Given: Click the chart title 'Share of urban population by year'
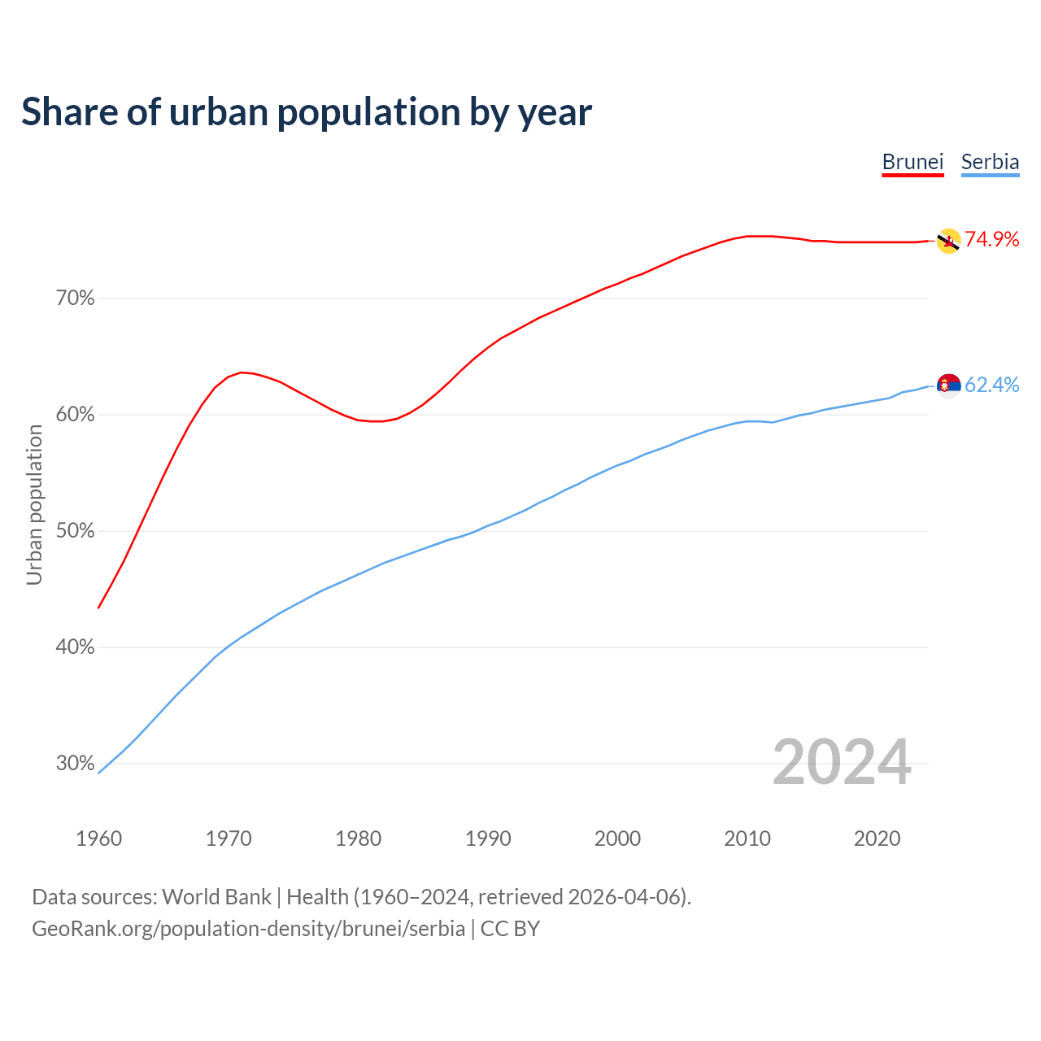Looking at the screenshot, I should click(307, 112).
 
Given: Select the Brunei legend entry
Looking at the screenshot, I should click(913, 162).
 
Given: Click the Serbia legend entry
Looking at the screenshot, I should click(990, 162).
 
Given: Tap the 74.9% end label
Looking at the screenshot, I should click(991, 239).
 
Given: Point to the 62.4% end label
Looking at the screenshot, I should click(991, 385).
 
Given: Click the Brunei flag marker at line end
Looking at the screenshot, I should click(948, 241).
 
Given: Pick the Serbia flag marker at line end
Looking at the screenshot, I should click(948, 385).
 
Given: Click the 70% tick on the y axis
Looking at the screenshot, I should click(75, 298).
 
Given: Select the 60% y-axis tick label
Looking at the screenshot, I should click(75, 415).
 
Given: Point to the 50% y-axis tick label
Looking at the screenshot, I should click(75, 531).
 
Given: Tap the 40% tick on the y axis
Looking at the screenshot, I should click(75, 647).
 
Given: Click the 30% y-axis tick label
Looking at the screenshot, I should click(75, 764).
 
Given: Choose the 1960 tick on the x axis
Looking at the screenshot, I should click(99, 838).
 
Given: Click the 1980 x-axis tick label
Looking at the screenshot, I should click(359, 838).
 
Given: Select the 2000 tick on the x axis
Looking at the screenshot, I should click(618, 838).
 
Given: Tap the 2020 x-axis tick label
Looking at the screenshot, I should click(877, 838).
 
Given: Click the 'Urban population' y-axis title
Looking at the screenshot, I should click(34, 504).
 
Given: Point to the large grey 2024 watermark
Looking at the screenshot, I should click(842, 762).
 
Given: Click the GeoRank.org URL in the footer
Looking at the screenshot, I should click(248, 928).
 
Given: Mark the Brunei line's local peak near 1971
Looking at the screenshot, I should click(242, 372).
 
